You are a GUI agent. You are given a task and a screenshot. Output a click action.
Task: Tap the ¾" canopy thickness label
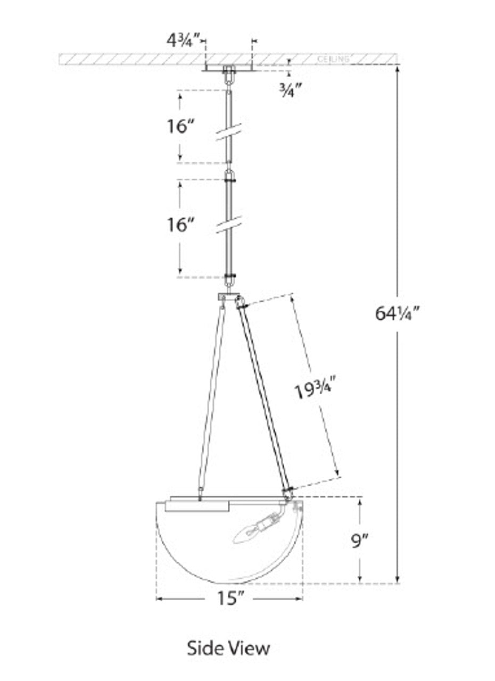291,91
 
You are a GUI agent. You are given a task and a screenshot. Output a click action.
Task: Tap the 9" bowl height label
360,541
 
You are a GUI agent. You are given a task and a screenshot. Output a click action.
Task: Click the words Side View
228,648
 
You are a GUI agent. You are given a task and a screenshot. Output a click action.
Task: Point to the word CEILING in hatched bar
333,59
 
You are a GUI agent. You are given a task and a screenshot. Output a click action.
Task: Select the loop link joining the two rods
229,176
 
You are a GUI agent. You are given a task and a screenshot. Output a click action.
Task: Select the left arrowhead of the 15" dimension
160,599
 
